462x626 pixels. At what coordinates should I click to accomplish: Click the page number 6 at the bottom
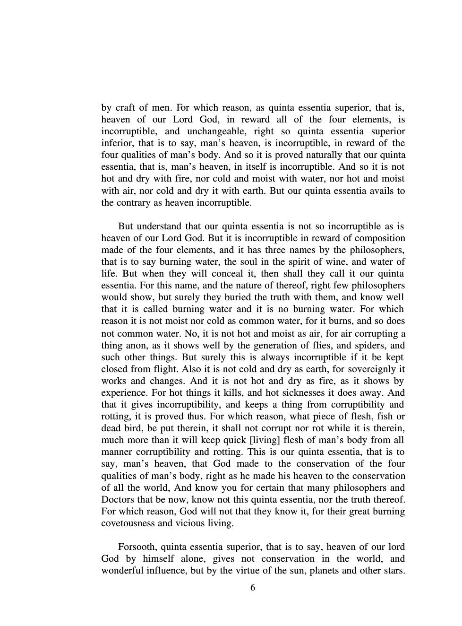[253, 588]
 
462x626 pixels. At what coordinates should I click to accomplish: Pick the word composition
[380, 238]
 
